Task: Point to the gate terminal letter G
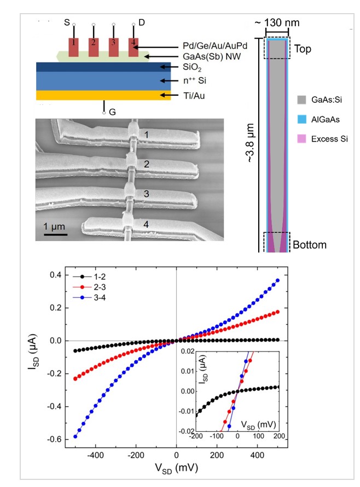[x=112, y=113]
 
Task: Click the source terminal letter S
[x=67, y=22]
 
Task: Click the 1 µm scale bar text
[x=55, y=226]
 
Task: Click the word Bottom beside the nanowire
[x=309, y=244]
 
